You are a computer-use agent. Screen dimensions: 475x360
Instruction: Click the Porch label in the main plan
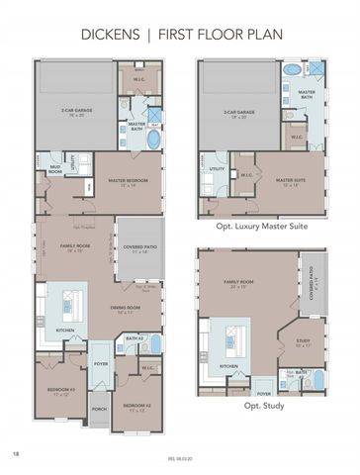99,408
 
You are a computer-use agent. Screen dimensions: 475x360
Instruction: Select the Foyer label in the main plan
100,363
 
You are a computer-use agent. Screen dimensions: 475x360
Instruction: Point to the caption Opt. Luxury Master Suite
262,226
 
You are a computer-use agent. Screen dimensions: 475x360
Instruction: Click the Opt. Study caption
261,405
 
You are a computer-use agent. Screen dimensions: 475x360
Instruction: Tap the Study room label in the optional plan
303,343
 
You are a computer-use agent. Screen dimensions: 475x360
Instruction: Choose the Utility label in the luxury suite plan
217,169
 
